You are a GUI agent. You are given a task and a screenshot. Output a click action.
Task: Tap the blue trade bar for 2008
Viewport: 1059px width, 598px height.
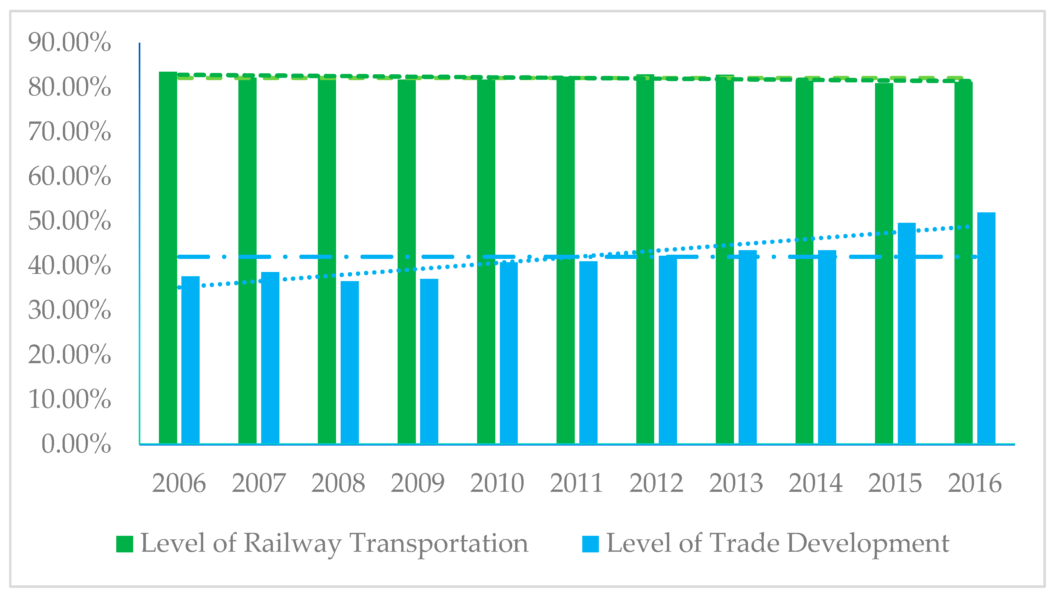[x=349, y=362]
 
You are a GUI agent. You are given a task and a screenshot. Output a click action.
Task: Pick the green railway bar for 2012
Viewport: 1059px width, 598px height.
[x=645, y=259]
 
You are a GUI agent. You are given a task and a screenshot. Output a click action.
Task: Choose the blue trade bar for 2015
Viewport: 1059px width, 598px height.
[x=907, y=333]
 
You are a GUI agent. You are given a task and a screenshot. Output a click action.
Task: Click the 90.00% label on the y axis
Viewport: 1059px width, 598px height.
[x=69, y=42]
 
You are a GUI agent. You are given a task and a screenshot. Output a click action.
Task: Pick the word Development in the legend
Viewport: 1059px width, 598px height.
[x=868, y=544]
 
